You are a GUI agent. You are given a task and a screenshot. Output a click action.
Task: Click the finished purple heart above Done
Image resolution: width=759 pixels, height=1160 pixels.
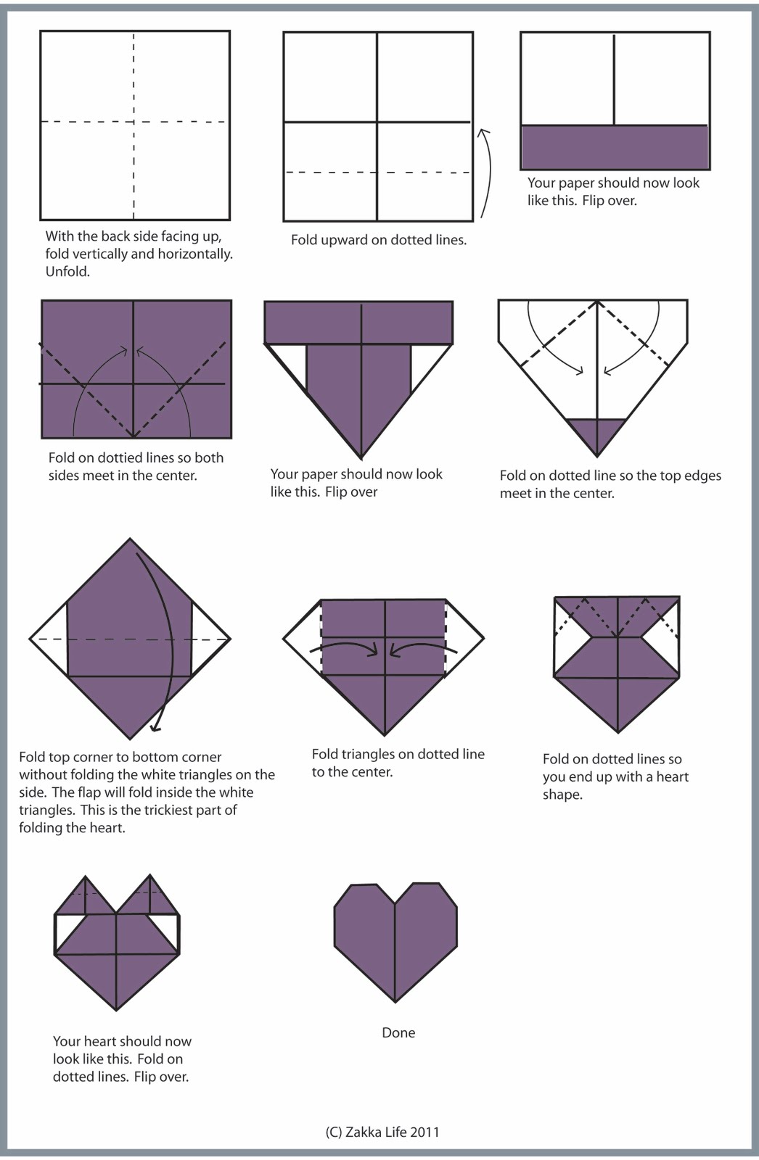pyautogui.click(x=395, y=942)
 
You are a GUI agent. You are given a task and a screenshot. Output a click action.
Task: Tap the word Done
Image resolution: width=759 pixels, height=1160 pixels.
pyautogui.click(x=398, y=1032)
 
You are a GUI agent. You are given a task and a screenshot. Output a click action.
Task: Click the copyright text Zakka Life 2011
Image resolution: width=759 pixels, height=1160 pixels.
pyautogui.click(x=392, y=1132)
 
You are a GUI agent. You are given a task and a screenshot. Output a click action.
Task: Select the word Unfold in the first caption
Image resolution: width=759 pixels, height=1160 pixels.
pyautogui.click(x=67, y=271)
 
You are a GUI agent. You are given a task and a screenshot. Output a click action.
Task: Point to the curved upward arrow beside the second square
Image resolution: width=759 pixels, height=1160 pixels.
pyautogui.click(x=485, y=173)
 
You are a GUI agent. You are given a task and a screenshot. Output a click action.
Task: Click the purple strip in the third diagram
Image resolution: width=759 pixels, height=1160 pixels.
pyautogui.click(x=615, y=147)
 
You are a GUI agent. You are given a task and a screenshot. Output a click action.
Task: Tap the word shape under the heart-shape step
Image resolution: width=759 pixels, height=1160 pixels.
pyautogui.click(x=562, y=795)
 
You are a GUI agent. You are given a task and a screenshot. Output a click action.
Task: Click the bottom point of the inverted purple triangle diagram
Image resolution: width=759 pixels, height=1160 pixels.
pyautogui.click(x=361, y=458)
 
